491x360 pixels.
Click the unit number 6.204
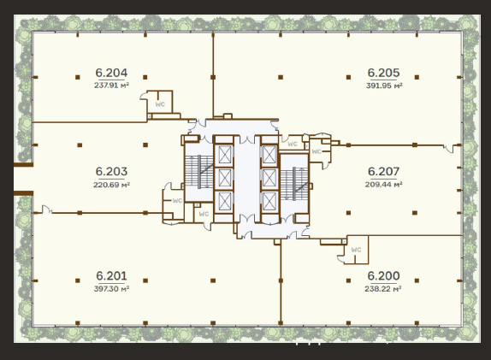tap(111, 73)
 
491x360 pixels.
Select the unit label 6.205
tap(383, 73)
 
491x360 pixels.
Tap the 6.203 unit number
tap(111, 172)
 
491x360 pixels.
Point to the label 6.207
tap(383, 172)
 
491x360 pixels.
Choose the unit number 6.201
tap(111, 276)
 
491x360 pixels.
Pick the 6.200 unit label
tap(383, 276)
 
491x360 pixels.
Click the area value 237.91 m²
tap(111, 86)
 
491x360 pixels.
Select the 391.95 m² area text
tap(384, 86)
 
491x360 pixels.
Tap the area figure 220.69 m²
tap(111, 185)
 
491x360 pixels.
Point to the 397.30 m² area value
tap(111, 289)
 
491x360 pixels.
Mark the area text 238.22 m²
tap(383, 289)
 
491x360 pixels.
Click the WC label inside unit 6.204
tap(160, 104)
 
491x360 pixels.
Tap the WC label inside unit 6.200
tap(357, 250)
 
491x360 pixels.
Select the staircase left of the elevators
tap(199, 172)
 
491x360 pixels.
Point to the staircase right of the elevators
tap(294, 183)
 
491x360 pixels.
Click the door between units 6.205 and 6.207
tap(449, 148)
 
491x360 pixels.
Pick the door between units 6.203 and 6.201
tap(47, 210)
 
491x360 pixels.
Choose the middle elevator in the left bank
tap(224, 178)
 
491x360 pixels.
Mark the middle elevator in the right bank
tap(269, 178)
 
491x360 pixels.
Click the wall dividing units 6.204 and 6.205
tap(213, 75)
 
